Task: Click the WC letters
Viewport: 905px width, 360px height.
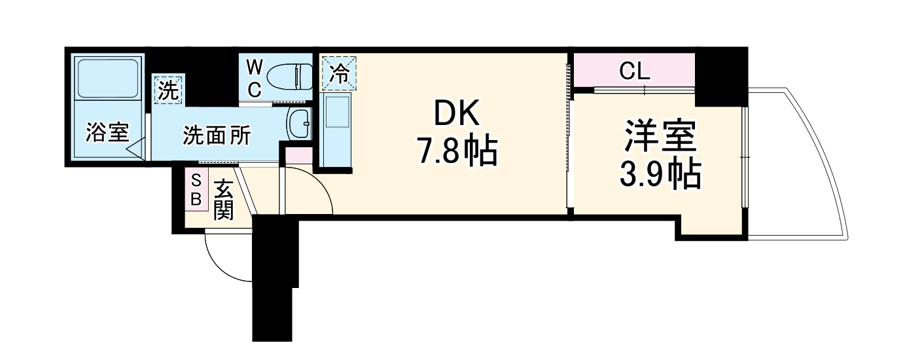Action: [x=255, y=78]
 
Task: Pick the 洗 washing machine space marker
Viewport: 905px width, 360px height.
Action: [x=168, y=90]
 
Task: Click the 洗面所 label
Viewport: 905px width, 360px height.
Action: [x=216, y=135]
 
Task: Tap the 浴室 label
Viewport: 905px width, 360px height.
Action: [x=107, y=134]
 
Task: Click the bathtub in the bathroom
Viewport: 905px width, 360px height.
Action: [x=107, y=77]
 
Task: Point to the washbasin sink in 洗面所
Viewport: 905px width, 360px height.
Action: [x=300, y=124]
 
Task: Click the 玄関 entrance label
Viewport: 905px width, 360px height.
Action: [x=223, y=199]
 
